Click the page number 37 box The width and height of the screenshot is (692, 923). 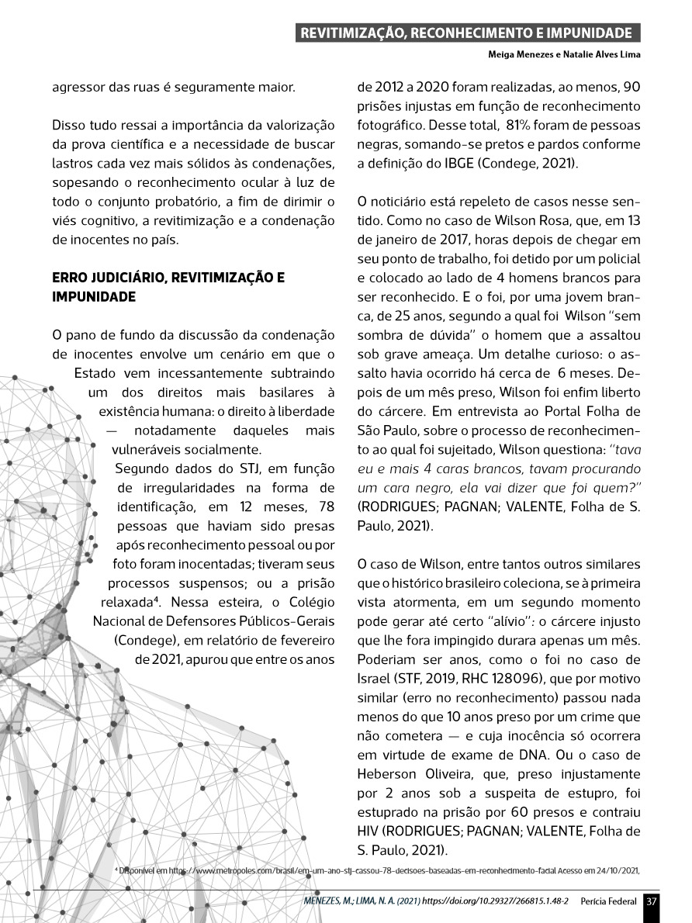[652, 901]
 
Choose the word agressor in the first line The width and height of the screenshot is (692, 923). [75, 87]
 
